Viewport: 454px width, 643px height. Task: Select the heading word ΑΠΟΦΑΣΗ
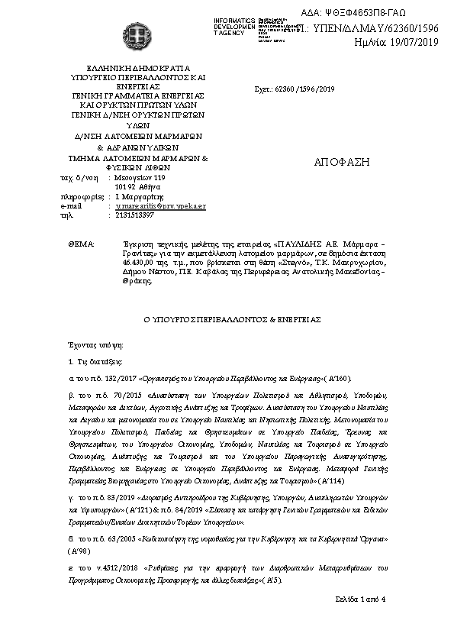coord(341,162)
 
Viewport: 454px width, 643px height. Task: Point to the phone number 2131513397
coord(132,215)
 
